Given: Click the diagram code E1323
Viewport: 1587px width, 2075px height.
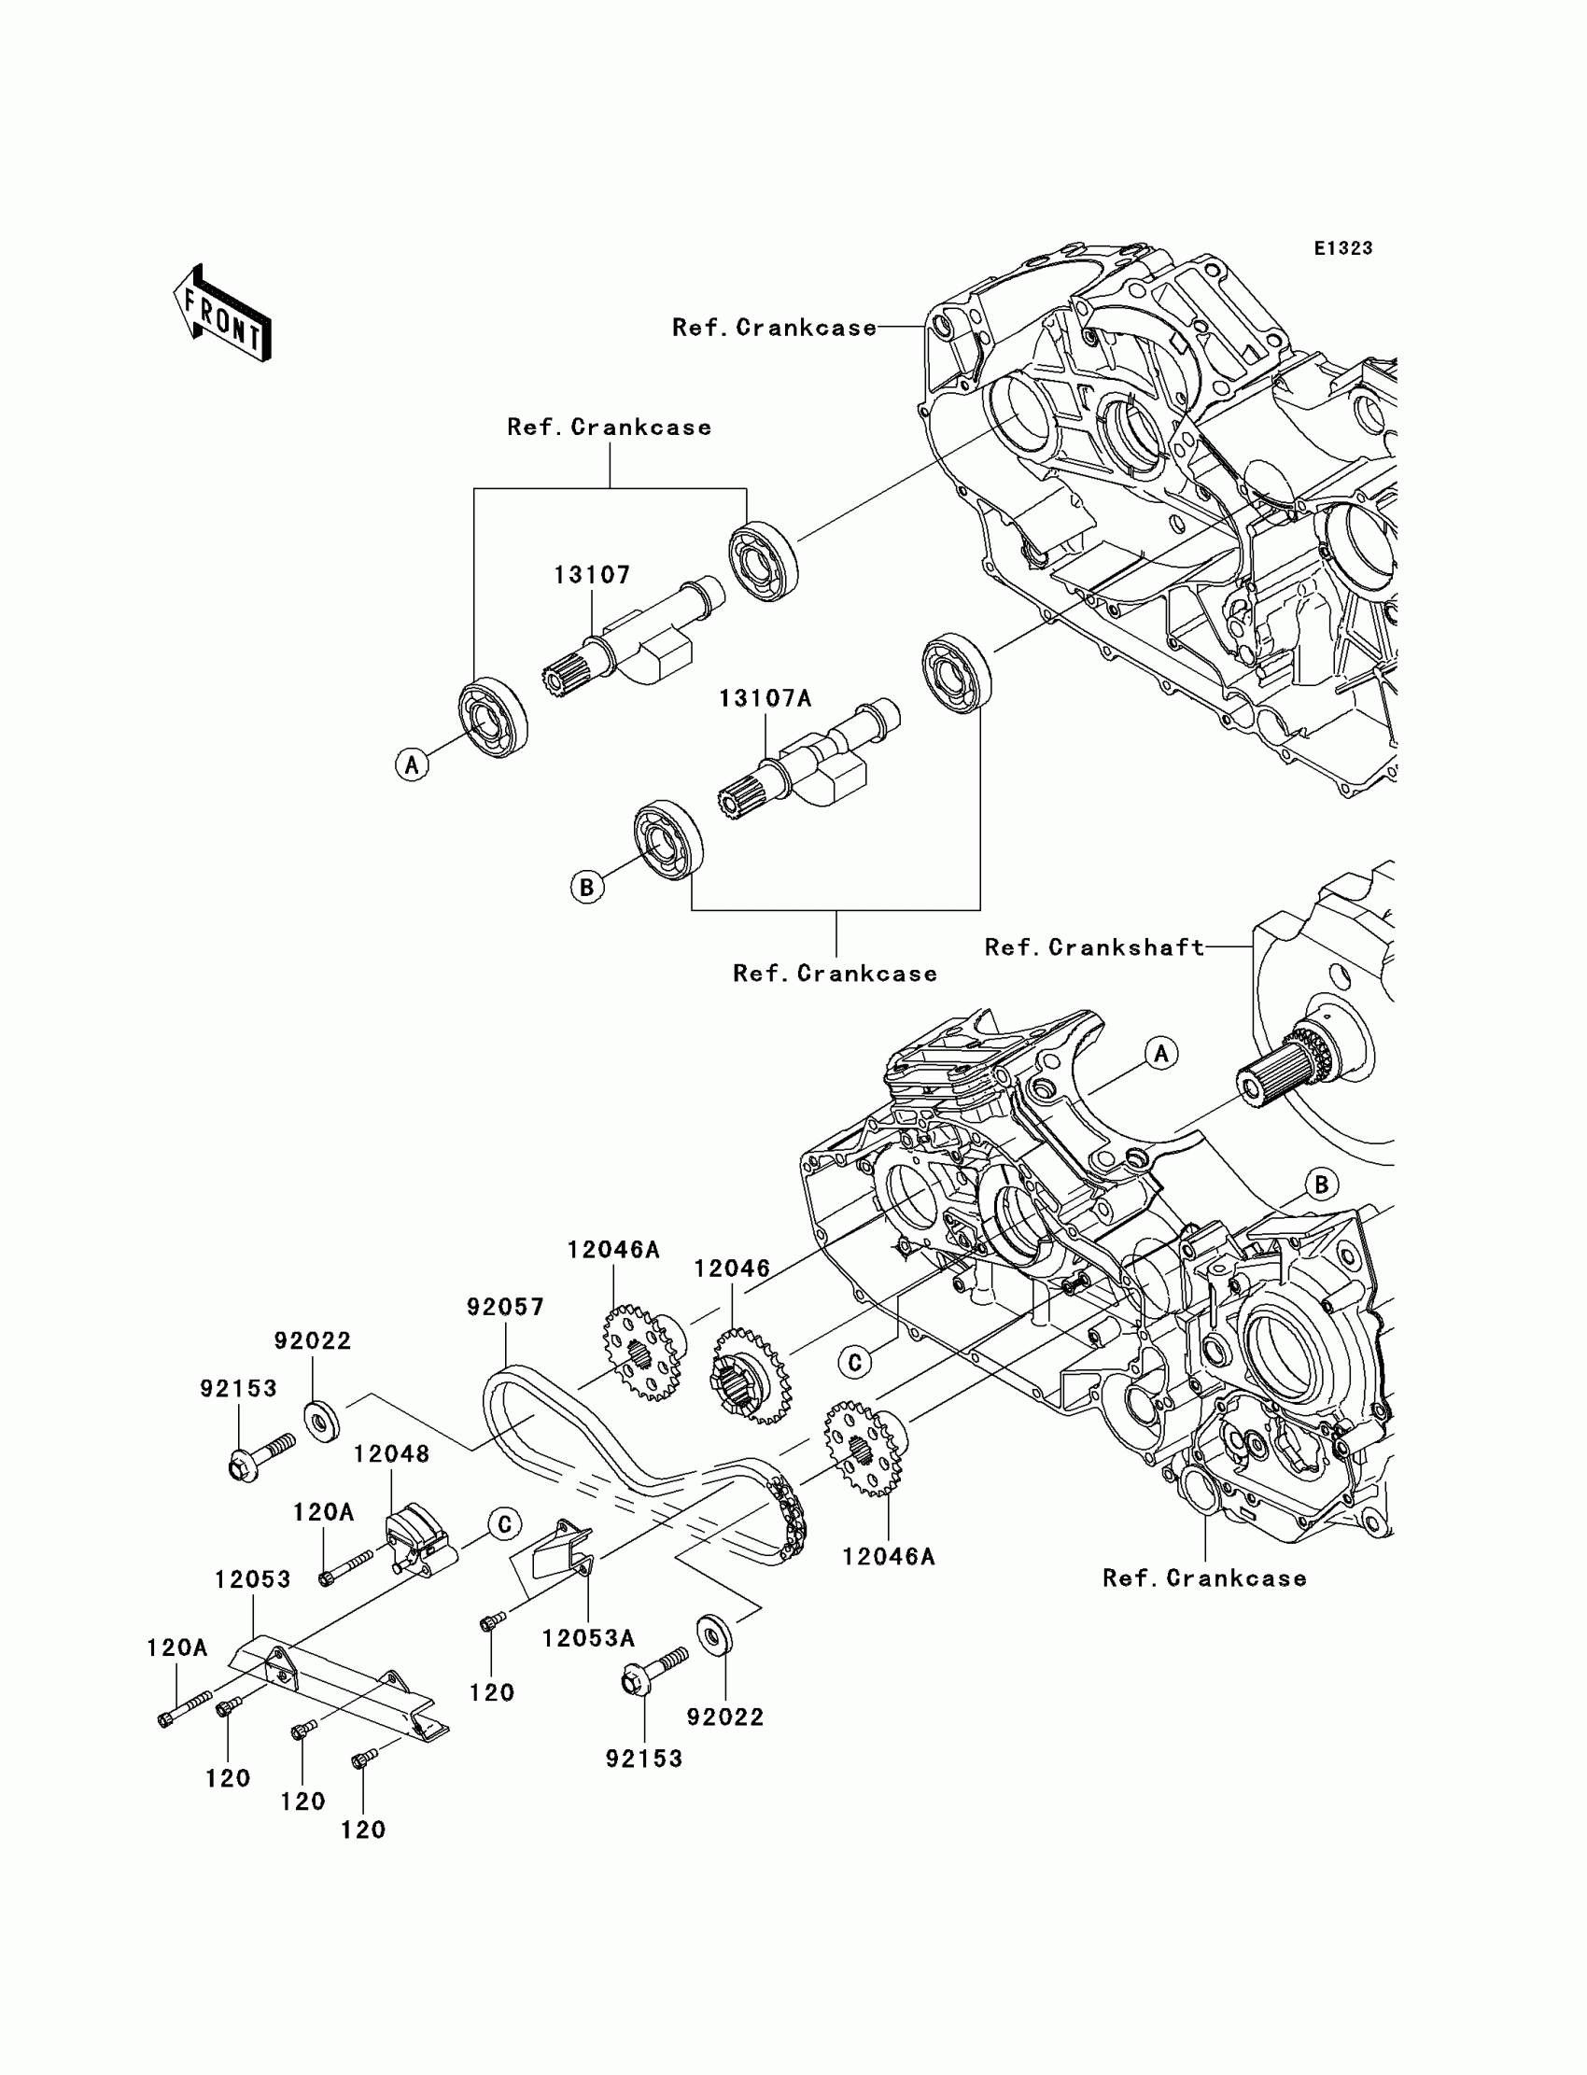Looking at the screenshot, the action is tap(1343, 248).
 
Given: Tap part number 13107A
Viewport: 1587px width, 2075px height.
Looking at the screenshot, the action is tap(765, 698).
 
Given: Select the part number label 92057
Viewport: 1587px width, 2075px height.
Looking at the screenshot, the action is tap(505, 1307).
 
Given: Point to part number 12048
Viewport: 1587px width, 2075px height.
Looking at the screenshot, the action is tap(392, 1454).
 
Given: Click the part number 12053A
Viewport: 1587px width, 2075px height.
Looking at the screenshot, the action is tap(588, 1639).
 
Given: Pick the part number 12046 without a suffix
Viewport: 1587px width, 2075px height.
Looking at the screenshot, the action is tap(732, 1269).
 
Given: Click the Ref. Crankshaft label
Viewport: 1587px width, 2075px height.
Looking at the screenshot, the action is tap(1095, 947).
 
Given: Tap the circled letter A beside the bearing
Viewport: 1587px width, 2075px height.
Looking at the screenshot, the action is tap(412, 764).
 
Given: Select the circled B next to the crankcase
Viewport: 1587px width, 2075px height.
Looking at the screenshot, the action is tap(1321, 1185).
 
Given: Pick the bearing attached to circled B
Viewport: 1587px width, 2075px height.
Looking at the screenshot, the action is tap(667, 840).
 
